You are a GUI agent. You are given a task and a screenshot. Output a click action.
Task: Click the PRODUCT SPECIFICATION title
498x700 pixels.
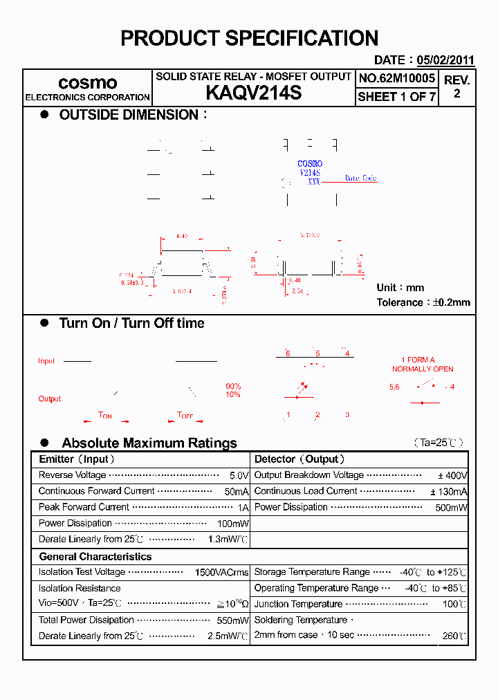pos(249,38)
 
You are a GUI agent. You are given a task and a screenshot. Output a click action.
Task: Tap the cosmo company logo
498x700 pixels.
pos(87,82)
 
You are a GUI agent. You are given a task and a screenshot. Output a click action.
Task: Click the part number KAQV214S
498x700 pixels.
pos(254,93)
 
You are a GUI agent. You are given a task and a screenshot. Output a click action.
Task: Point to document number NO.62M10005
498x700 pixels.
pos(396,79)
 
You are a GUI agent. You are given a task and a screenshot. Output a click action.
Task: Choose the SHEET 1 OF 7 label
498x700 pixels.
pos(396,97)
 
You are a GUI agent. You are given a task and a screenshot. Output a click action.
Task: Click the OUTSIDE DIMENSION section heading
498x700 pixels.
pos(129,115)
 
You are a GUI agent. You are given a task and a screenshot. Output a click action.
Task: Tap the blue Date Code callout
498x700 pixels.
pos(360,178)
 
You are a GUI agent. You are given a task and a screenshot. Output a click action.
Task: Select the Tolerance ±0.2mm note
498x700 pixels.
pos(423,302)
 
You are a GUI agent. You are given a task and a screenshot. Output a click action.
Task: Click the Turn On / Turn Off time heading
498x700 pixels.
pos(131,323)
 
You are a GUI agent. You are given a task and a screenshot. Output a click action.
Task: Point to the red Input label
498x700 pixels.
pos(46,361)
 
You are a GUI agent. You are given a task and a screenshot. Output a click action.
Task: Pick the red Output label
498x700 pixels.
pos(50,399)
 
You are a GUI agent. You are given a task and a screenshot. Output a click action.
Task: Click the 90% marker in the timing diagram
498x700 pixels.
pos(233,386)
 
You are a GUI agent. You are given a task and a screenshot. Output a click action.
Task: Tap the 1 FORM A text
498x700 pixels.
pos(418,360)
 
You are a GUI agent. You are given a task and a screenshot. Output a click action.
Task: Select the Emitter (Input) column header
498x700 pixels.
pos(77,459)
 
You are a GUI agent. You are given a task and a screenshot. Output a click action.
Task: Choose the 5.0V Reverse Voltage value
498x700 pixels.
pos(239,476)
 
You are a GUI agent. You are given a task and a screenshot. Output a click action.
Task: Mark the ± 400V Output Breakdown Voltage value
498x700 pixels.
pos(452,476)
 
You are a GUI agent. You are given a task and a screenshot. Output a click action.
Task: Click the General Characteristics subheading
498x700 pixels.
pos(95,557)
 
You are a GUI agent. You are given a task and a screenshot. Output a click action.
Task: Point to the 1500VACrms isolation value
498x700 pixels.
pos(221,573)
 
